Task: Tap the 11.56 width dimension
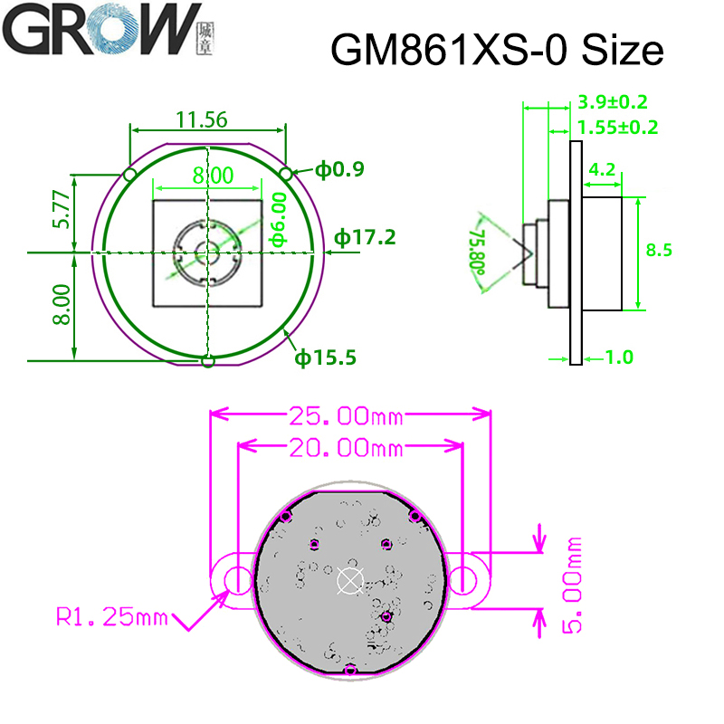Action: pos(201,119)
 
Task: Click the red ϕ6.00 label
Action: pos(279,219)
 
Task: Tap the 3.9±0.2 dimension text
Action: pos(613,102)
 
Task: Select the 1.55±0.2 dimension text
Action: pos(618,128)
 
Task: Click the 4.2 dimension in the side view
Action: pos(603,169)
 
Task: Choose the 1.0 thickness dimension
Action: pos(618,357)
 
